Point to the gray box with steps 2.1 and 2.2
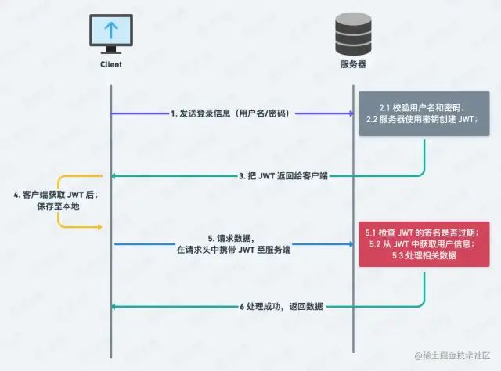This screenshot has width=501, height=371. tap(425, 114)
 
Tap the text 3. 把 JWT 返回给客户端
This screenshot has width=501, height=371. tap(283, 178)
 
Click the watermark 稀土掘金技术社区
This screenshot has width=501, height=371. tap(453, 356)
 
